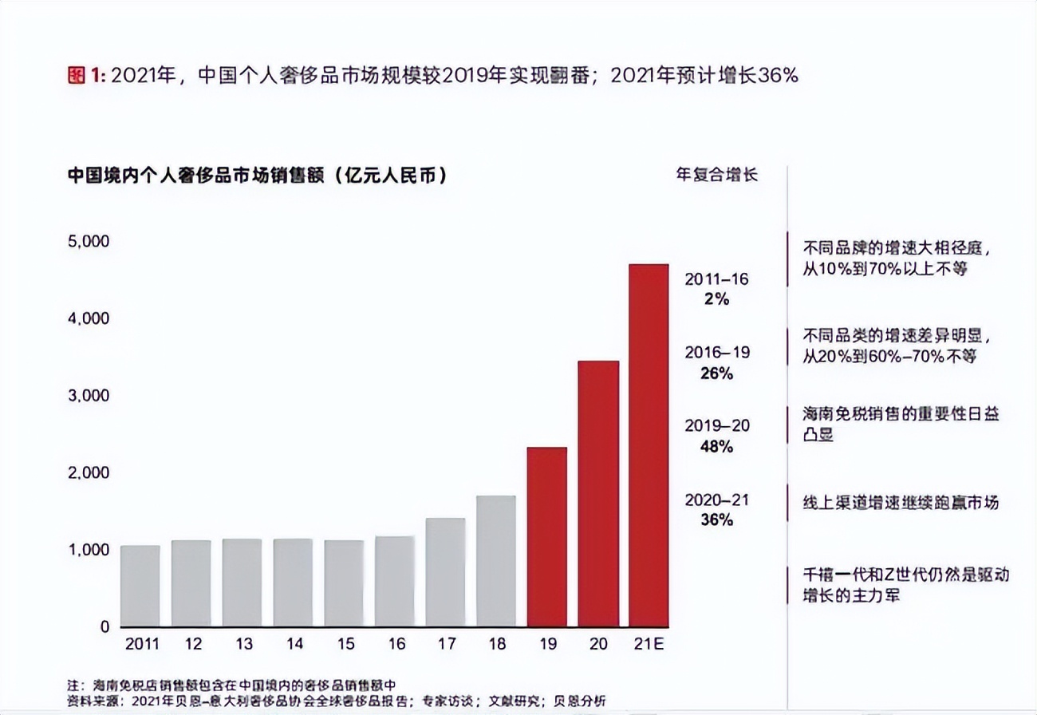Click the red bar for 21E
[x=649, y=445]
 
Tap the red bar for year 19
[x=547, y=536]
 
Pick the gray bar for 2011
[x=140, y=586]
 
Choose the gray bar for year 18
[x=496, y=561]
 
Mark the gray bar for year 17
[x=445, y=572]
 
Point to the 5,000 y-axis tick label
[x=87, y=241]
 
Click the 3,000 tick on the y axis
[x=87, y=396]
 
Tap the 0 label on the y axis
[x=104, y=627]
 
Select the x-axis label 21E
[x=649, y=644]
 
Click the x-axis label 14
[x=293, y=644]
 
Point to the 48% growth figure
[x=717, y=447]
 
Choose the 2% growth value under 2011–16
[x=717, y=300]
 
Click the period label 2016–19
[x=717, y=353]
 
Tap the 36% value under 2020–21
[x=717, y=520]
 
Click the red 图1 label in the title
[x=87, y=76]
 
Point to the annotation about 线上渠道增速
[x=901, y=503]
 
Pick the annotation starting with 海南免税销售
[x=901, y=424]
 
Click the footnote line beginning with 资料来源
[x=335, y=701]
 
